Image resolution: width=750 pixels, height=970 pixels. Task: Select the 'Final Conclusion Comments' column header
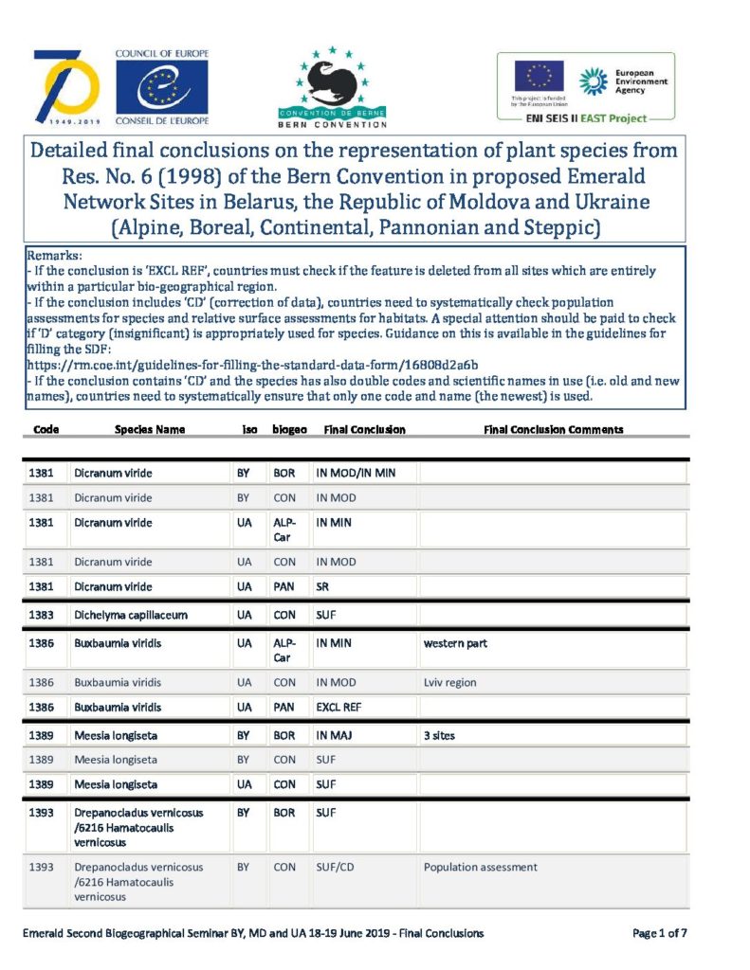pyautogui.click(x=553, y=429)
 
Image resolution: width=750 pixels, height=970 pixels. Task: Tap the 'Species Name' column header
pyautogui.click(x=150, y=429)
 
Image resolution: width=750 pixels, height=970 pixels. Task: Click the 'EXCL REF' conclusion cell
pyautogui.click(x=339, y=707)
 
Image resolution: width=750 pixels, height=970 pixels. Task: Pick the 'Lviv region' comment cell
pyautogui.click(x=449, y=682)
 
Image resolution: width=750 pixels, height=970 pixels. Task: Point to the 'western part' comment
pyautogui.click(x=455, y=644)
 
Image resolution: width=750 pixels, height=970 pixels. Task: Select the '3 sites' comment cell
pyautogui.click(x=439, y=735)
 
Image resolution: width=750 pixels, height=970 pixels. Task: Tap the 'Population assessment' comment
pyautogui.click(x=480, y=867)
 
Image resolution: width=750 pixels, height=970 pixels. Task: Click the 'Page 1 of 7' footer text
pyautogui.click(x=659, y=933)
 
